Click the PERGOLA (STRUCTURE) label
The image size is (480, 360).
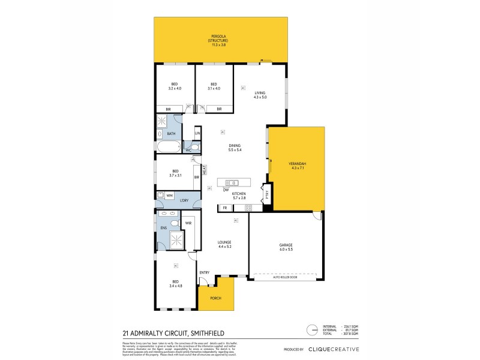(218, 37)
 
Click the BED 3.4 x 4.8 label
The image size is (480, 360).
(175, 283)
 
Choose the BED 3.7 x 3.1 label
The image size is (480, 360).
(175, 173)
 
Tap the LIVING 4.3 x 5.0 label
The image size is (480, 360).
(260, 95)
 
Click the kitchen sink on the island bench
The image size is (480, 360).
(232, 182)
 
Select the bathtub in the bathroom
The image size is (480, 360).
(167, 147)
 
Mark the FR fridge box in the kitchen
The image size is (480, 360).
(225, 208)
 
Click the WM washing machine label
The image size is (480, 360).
(170, 195)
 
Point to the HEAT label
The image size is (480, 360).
(204, 170)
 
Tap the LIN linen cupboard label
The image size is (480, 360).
(197, 133)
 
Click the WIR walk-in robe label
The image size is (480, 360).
(188, 223)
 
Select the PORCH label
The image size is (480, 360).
(215, 298)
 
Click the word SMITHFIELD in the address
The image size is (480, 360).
(193, 331)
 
